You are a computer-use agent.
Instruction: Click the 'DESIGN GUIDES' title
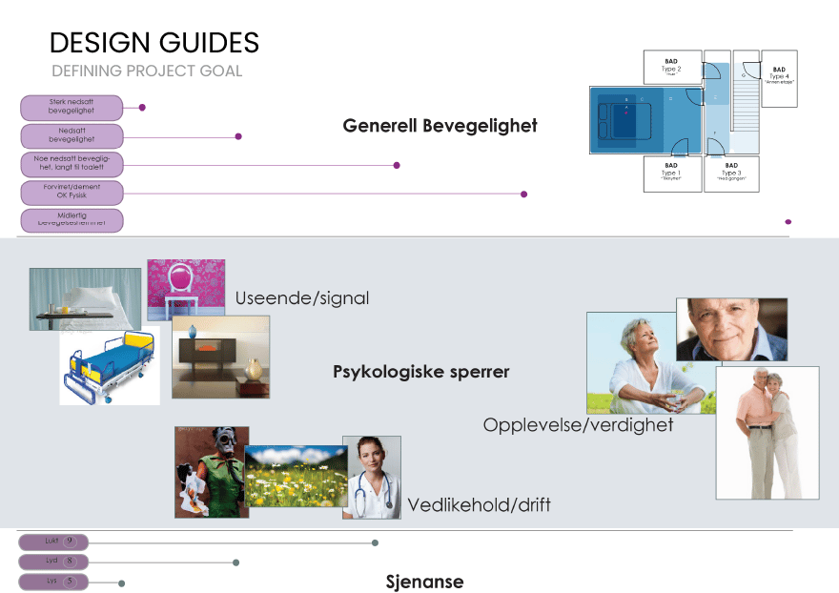(153, 43)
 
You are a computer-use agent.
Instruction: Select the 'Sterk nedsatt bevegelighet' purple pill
(72, 107)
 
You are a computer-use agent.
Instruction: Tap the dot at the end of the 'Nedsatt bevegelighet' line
(238, 136)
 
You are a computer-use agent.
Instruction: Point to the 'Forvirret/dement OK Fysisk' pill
(72, 193)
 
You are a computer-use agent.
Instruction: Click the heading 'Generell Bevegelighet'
(440, 125)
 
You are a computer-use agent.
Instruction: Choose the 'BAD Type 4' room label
(779, 74)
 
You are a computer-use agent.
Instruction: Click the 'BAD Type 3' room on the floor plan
(731, 174)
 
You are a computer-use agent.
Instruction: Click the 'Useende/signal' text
(301, 298)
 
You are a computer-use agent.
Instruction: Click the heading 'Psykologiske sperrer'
(420, 372)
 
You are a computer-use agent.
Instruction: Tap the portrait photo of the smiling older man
(731, 329)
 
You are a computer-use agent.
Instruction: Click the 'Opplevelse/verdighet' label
(578, 424)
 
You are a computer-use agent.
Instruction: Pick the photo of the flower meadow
(296, 476)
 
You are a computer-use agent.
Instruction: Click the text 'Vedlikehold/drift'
(479, 504)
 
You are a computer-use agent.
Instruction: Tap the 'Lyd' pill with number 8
(52, 562)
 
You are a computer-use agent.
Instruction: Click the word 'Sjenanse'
(424, 582)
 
